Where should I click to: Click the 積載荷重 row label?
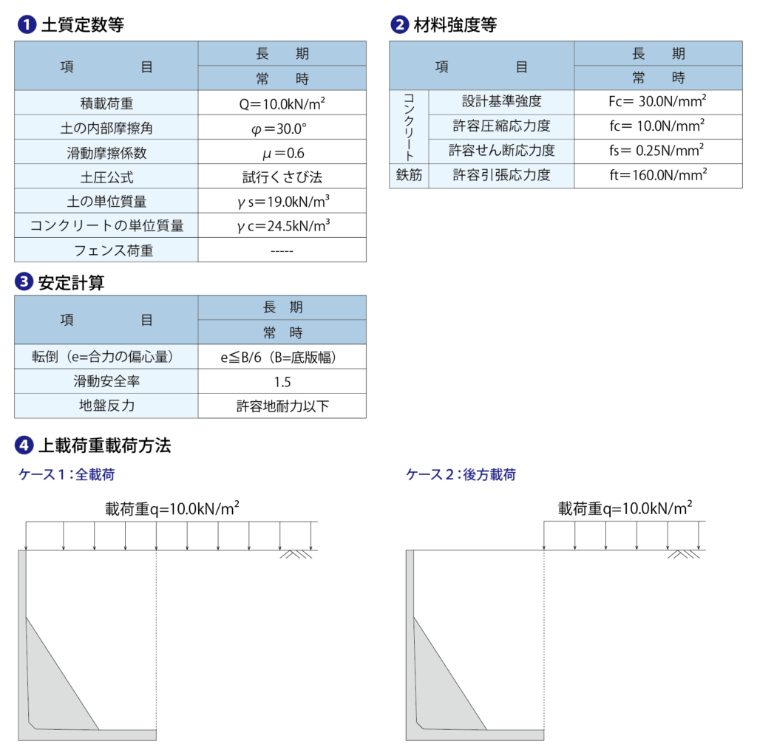click(x=106, y=103)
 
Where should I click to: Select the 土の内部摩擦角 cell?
click(x=106, y=128)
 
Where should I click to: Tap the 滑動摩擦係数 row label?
click(x=106, y=152)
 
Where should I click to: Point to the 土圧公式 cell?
click(x=106, y=177)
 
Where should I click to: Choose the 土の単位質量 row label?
click(x=106, y=201)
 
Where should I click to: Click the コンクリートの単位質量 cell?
click(x=106, y=225)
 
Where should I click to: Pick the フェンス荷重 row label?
click(x=106, y=250)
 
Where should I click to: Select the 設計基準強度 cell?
click(x=501, y=102)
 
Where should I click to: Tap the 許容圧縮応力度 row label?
click(x=501, y=126)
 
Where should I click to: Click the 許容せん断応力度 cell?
click(x=501, y=151)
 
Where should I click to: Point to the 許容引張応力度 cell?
click(x=501, y=176)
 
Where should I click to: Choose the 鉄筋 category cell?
click(x=409, y=176)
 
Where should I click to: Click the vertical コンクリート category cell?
click(x=409, y=126)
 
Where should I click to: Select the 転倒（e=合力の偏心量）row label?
click(x=106, y=357)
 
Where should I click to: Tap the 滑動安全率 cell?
click(x=106, y=381)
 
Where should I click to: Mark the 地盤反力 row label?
click(x=106, y=406)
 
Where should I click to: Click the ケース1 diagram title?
click(x=67, y=475)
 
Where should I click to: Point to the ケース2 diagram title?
click(x=461, y=475)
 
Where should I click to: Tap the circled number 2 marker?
click(x=399, y=24)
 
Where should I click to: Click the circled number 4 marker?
click(x=24, y=445)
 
